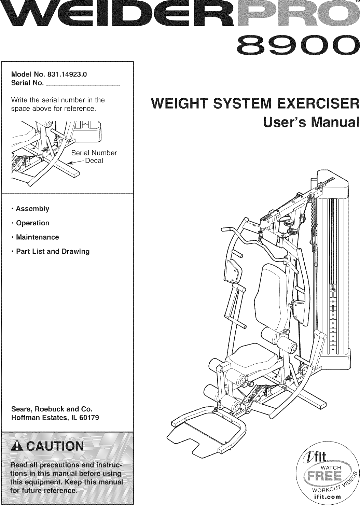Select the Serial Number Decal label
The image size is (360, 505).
pos(94,156)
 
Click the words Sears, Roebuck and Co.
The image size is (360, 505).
pos(52,409)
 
